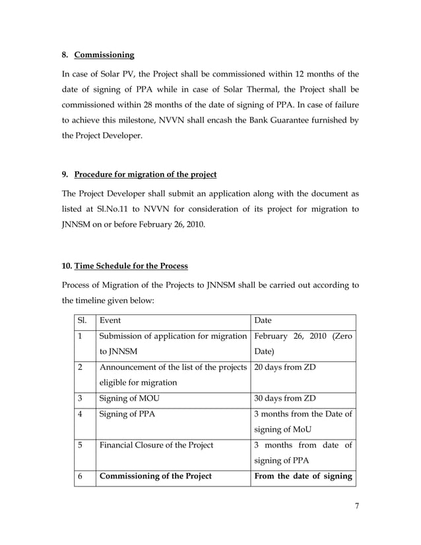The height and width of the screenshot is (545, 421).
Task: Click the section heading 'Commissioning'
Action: click(x=104, y=54)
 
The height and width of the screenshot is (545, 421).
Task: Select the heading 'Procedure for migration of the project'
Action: click(x=145, y=175)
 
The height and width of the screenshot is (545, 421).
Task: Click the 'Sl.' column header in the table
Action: click(x=82, y=320)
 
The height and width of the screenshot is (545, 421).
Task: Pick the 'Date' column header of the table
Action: click(x=263, y=320)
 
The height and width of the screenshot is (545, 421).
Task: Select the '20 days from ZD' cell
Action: click(x=284, y=367)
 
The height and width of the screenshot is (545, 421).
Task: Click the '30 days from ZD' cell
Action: click(x=284, y=398)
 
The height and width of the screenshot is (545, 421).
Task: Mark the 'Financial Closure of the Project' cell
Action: click(x=156, y=445)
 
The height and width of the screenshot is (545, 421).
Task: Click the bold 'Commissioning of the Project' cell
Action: click(x=155, y=476)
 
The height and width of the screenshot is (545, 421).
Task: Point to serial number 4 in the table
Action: click(x=80, y=414)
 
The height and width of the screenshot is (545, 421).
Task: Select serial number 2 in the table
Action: click(x=80, y=367)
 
